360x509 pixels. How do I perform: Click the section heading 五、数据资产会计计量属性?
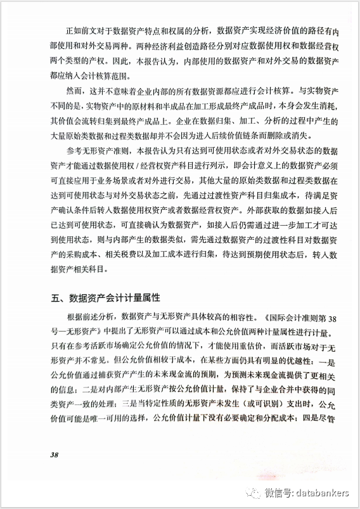107,297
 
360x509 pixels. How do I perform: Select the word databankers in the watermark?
323,493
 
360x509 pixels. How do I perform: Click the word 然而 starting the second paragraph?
73,91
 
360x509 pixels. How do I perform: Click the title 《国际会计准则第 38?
292,317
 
